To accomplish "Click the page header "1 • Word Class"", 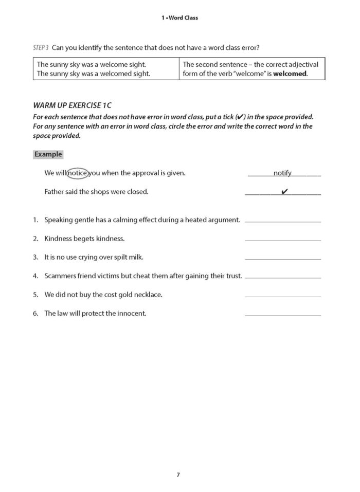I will coord(179,17).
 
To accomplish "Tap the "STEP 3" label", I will coord(40,48).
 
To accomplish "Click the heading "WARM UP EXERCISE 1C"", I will coord(72,105).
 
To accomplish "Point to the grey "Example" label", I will coord(48,154).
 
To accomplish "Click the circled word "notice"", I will coord(77,173).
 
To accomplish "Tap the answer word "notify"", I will coord(282,173).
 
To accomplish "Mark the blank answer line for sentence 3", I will coord(283,259).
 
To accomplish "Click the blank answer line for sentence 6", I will coord(283,315).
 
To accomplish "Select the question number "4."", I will coord(36,276).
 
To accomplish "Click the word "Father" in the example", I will coord(55,192).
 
